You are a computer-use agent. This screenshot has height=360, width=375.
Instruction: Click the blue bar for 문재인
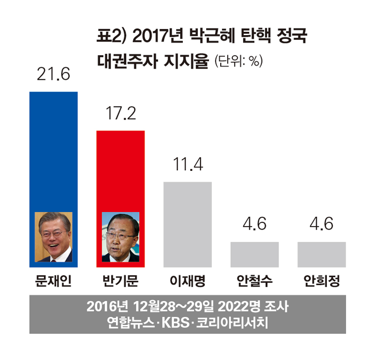point(53,150)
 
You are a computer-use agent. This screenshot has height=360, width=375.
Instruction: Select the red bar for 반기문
point(120,169)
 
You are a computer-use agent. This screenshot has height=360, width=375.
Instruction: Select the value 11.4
point(187,165)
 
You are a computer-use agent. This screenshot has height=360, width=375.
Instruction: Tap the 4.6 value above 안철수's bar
point(255,224)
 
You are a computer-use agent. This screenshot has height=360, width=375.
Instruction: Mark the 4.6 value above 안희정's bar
point(322,224)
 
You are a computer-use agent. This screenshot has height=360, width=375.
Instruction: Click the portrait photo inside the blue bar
point(53,237)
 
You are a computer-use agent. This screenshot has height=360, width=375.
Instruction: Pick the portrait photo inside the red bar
point(120,237)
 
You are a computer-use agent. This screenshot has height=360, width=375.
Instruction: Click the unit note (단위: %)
point(238,61)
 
